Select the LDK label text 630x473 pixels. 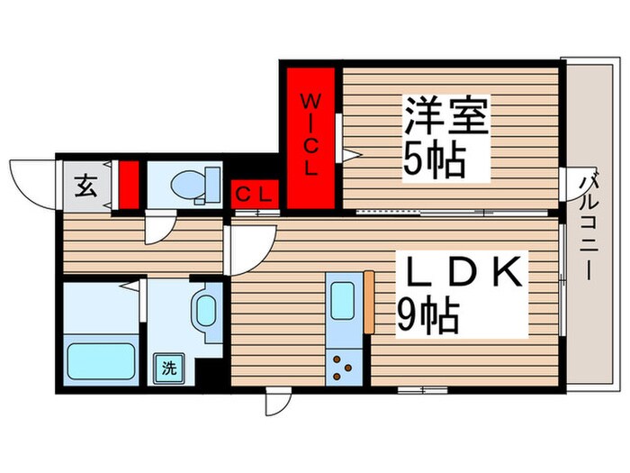point(462,273)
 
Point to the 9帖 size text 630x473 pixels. point(428,315)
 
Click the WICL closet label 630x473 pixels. point(309,132)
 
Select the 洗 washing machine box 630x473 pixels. point(169,367)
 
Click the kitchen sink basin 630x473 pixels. point(344,299)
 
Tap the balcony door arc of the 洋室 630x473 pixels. point(569,187)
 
